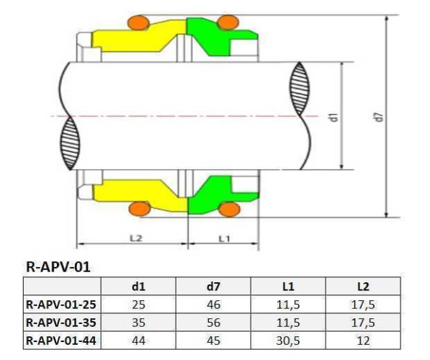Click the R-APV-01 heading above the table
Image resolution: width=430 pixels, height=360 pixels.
58,267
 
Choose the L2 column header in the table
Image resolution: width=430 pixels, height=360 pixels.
367,287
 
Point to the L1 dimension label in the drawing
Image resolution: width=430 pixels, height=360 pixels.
223,237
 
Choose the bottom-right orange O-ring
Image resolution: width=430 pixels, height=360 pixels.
228,209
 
